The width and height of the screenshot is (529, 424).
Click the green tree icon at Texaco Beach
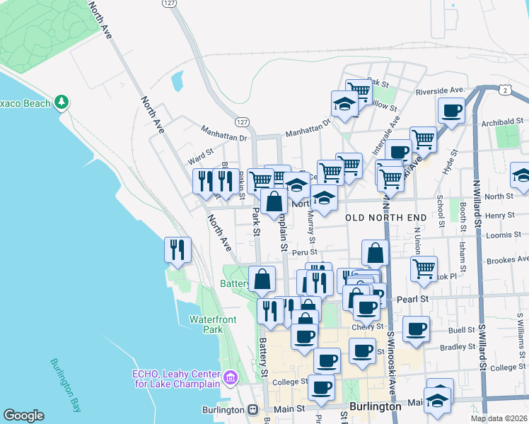point(62,102)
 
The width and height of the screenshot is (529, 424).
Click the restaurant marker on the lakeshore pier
point(178,249)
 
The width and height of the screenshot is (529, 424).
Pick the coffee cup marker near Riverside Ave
point(452,110)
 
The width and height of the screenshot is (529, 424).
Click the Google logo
point(23,416)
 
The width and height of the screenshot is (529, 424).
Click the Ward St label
point(200,152)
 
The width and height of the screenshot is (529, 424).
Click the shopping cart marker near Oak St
point(359,90)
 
